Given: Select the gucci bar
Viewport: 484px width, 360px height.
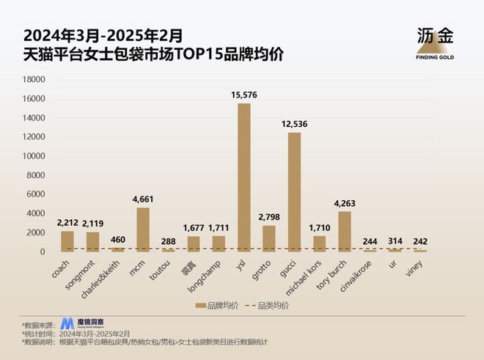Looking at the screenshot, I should click(x=294, y=192).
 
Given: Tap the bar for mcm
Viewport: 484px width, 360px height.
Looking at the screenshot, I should click(x=143, y=229).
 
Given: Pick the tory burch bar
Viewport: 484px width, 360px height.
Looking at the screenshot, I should click(x=344, y=232).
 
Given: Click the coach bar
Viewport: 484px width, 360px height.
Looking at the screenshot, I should click(x=67, y=241).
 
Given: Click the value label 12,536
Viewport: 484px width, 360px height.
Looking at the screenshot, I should click(x=294, y=124).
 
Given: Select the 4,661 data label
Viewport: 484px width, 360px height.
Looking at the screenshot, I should click(x=143, y=199).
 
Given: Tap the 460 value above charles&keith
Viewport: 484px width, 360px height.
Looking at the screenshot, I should click(x=117, y=239).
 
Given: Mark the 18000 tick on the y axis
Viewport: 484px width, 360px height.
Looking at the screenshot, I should click(x=34, y=80).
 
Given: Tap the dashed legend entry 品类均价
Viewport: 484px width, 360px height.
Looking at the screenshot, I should click(x=268, y=304).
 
